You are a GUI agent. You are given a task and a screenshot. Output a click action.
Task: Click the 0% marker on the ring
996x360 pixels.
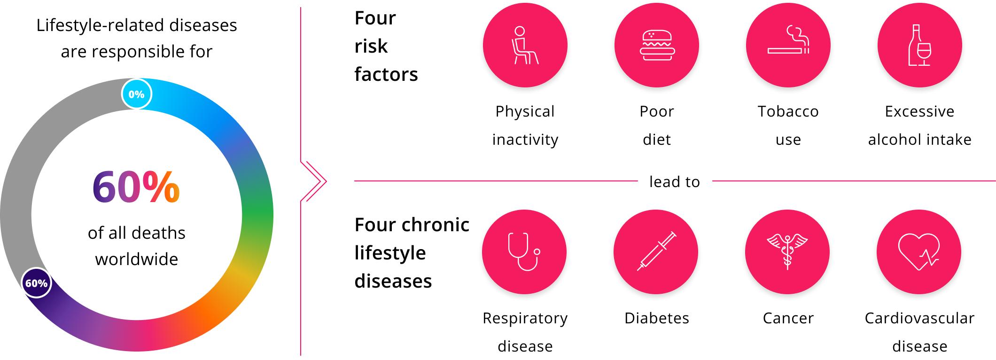coord(137,94)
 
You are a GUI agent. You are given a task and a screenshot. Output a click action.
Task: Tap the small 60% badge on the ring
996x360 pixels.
coord(37,283)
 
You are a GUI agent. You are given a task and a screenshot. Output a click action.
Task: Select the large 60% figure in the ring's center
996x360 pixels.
coord(136,187)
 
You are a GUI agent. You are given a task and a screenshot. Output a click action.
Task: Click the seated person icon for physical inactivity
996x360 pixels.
coord(525,45)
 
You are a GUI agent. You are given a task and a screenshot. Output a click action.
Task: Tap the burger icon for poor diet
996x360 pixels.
coord(657,46)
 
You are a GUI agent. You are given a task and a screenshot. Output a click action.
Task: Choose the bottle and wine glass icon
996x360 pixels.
coord(919,45)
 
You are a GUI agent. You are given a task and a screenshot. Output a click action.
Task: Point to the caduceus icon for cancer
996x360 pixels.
coord(787,251)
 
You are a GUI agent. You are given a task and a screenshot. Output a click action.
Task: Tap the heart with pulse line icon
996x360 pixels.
coord(919,252)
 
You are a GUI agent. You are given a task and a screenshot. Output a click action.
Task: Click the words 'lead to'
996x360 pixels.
coord(675,182)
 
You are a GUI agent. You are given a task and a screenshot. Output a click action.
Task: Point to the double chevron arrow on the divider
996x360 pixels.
coord(313,181)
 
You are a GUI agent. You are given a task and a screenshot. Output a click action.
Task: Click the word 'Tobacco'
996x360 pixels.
coord(788,111)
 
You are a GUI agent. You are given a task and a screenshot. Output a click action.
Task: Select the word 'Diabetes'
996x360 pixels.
coord(657,318)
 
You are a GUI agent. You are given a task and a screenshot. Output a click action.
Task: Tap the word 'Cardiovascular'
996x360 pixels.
coord(919,318)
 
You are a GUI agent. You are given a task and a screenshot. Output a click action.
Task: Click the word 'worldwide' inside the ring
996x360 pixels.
coord(137,259)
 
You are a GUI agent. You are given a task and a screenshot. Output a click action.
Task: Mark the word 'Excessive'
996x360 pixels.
coord(919,111)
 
